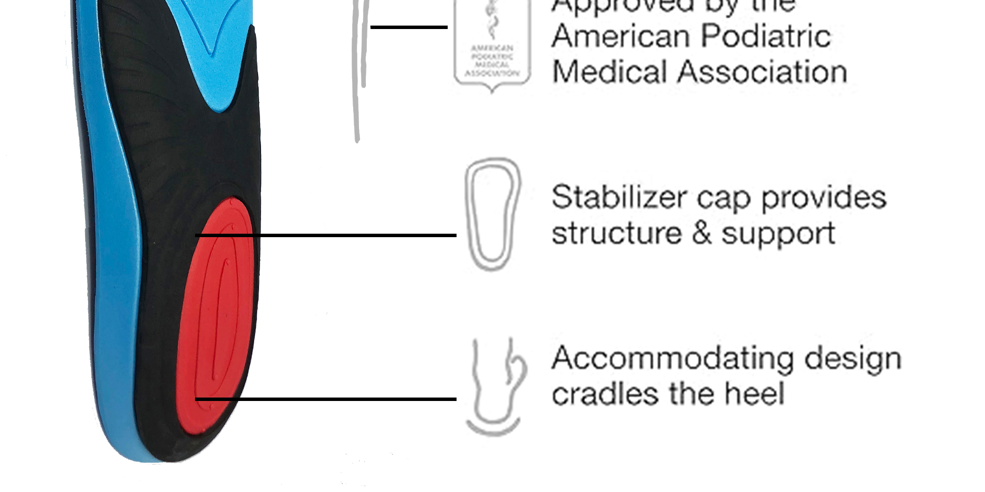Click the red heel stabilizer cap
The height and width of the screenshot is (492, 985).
[217, 315]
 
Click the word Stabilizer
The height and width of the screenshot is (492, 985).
[619, 198]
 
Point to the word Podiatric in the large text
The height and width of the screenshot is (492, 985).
[766, 36]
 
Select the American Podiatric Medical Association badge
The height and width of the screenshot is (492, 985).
[492, 47]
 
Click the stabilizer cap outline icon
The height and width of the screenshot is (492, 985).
[492, 214]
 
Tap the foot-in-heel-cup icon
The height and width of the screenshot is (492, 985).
[495, 386]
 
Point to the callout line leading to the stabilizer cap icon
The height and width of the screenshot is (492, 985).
[325, 236]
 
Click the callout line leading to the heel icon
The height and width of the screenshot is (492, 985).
[325, 399]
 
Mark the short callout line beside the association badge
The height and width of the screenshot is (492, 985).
[409, 27]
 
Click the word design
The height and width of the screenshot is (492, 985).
[853, 360]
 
